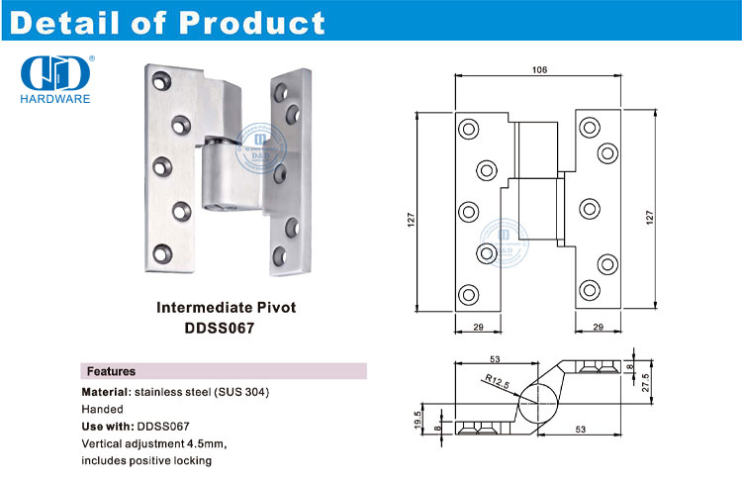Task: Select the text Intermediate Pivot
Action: tap(227, 308)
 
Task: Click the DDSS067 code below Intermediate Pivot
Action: tap(227, 328)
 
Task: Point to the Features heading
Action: tap(112, 371)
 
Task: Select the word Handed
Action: tap(103, 409)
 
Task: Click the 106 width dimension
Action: tap(539, 70)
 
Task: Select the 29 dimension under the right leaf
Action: tap(598, 327)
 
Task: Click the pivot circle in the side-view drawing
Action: tap(537, 405)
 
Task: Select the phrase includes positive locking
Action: tap(146, 460)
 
